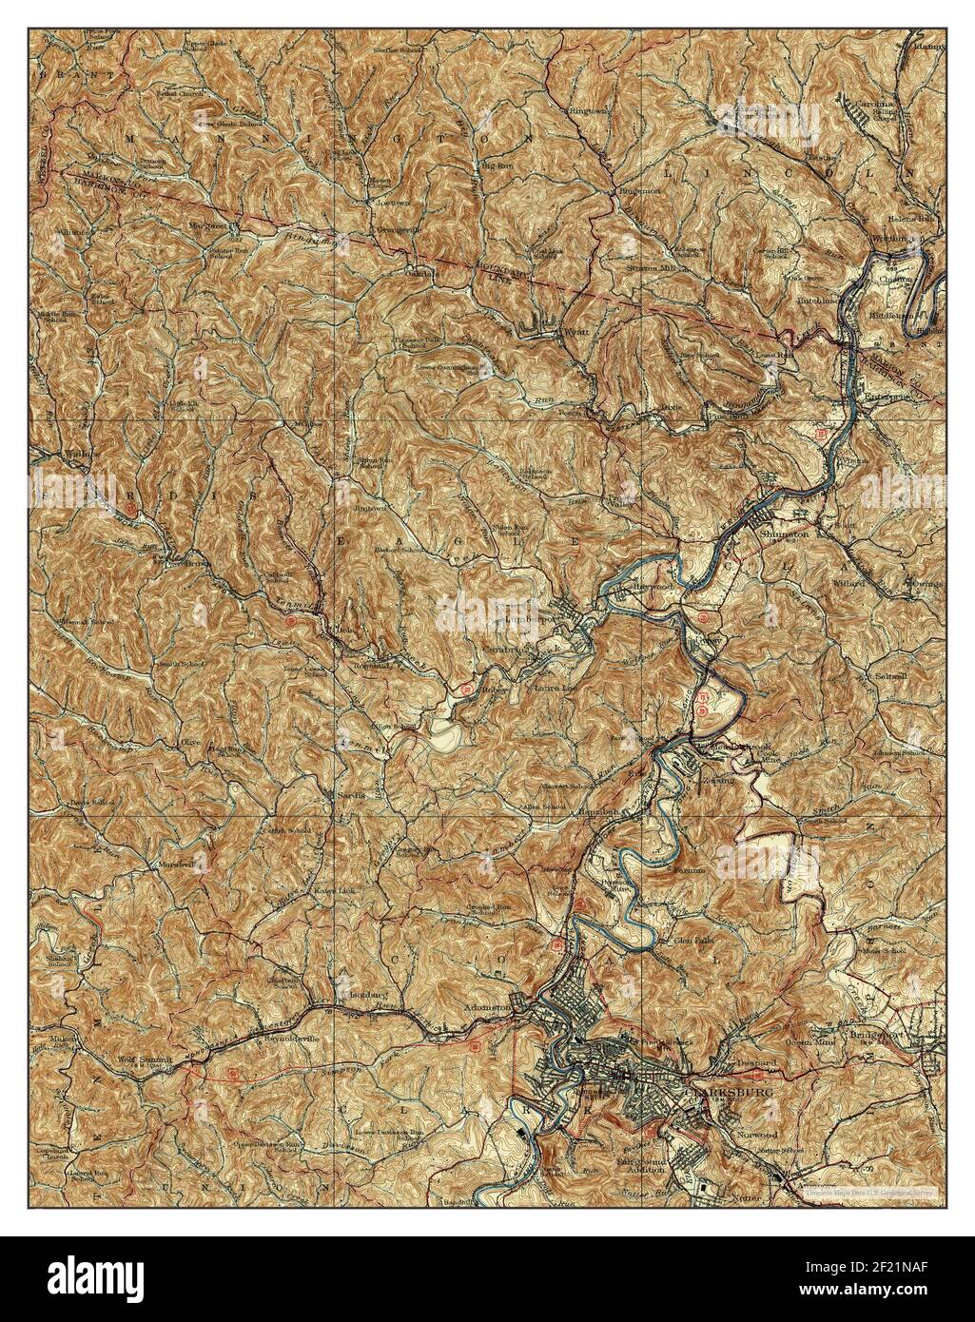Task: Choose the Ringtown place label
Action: coord(587,110)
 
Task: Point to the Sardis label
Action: coord(348,792)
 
